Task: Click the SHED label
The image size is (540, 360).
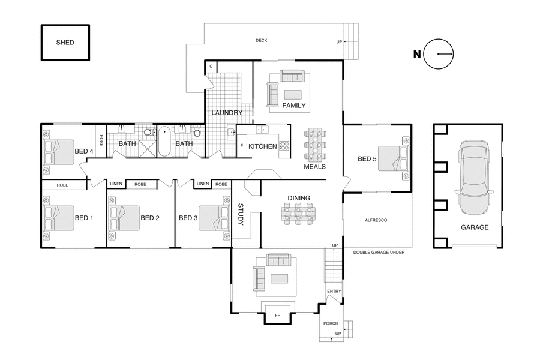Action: [65, 43]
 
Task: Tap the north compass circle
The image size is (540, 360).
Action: [439, 54]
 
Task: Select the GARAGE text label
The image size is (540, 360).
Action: [474, 227]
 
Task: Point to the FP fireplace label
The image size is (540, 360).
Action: [277, 314]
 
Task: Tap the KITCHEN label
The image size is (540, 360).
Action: [263, 146]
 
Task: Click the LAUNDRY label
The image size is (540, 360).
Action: [227, 113]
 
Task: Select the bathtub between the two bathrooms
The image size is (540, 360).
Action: [164, 141]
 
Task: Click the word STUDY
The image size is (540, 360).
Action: [241, 215]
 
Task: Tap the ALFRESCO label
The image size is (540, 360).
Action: [376, 221]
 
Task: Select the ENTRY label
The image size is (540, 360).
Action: [334, 292]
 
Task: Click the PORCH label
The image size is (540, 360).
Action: [331, 323]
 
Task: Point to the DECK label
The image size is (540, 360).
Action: [261, 41]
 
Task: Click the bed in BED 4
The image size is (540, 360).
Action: [58, 152]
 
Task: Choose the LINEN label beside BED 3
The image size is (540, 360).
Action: [203, 184]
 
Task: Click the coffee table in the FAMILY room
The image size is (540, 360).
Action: [293, 94]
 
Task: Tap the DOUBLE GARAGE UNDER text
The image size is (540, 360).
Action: [379, 253]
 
